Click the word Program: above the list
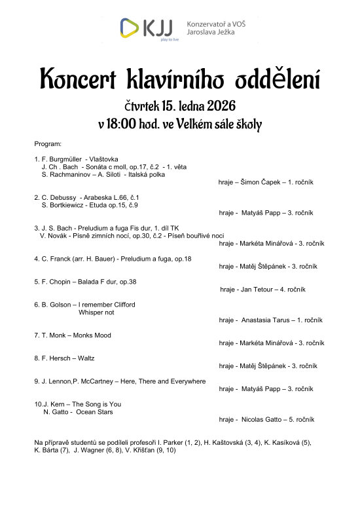(47, 143)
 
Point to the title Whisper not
(96, 312)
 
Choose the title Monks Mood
(90, 335)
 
